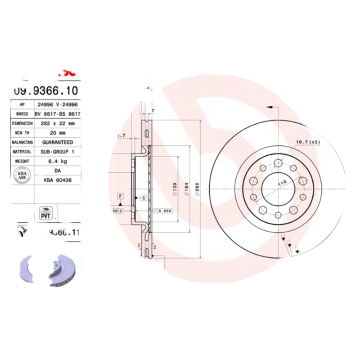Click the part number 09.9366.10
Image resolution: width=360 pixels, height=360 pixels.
tap(40, 90)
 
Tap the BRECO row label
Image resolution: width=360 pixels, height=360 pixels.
tap(22, 114)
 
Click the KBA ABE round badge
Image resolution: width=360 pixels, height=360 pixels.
tap(21, 175)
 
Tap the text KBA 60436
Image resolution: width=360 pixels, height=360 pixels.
tap(57, 180)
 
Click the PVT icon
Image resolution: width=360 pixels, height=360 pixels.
tap(45, 213)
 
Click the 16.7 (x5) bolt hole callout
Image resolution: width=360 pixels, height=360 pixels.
tap(307, 143)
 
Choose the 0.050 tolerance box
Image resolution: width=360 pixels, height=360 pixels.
tap(162, 210)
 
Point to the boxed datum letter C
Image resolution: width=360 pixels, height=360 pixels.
tap(143, 198)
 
